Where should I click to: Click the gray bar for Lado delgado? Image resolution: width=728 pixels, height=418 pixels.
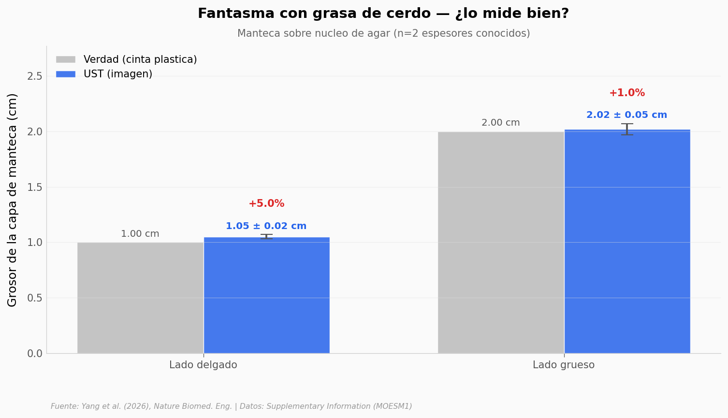[x=140, y=298]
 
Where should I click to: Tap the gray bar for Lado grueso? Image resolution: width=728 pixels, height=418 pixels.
[x=501, y=242]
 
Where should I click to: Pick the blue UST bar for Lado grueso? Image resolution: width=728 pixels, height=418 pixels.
[x=627, y=241]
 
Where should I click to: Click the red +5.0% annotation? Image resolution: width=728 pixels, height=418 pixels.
[x=266, y=204]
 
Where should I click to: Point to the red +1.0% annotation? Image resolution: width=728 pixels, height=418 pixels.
[x=627, y=93]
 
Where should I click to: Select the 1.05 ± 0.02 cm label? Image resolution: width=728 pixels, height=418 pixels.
[x=266, y=226]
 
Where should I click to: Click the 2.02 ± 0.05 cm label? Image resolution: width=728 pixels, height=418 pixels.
[x=627, y=115]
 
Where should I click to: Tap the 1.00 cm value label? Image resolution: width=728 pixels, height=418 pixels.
[x=140, y=234]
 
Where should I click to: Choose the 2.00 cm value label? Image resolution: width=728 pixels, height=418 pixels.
[x=501, y=123]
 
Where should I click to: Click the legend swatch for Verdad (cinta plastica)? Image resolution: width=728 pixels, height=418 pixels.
[x=66, y=59]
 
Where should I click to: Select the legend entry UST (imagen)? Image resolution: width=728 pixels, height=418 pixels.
[x=117, y=74]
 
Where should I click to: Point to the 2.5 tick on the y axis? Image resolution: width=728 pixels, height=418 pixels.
[x=35, y=76]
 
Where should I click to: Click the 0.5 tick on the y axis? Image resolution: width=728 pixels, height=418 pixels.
[x=35, y=298]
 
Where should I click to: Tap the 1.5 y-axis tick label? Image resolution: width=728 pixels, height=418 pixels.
[x=35, y=187]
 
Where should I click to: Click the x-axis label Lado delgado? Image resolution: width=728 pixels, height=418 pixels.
[x=203, y=365]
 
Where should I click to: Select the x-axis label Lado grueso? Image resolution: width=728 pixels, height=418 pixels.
[x=564, y=365]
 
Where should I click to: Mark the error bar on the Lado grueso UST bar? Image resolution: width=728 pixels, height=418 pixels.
[x=627, y=129]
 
